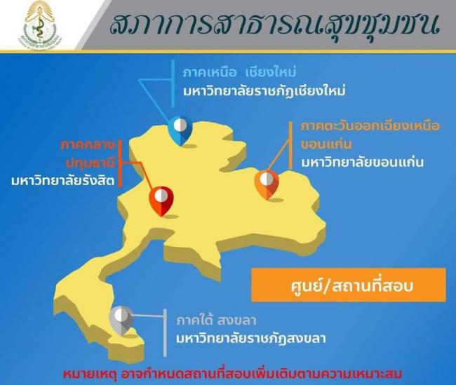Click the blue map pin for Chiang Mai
(x=180, y=130)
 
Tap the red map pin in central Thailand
(x=161, y=201)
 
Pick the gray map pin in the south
(x=121, y=320)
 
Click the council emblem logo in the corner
(x=39, y=24)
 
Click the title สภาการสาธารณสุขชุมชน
(x=274, y=25)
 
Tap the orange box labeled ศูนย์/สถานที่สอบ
(x=349, y=285)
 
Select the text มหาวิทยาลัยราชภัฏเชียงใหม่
(x=264, y=91)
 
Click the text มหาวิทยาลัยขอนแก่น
(x=362, y=162)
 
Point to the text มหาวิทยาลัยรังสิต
(x=63, y=181)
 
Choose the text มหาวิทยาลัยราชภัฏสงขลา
(x=251, y=338)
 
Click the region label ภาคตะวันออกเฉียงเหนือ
(x=370, y=126)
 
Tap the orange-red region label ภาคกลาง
(x=88, y=144)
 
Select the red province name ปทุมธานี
(x=90, y=163)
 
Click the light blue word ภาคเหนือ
(x=210, y=72)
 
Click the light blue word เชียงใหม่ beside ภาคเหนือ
(x=271, y=72)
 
